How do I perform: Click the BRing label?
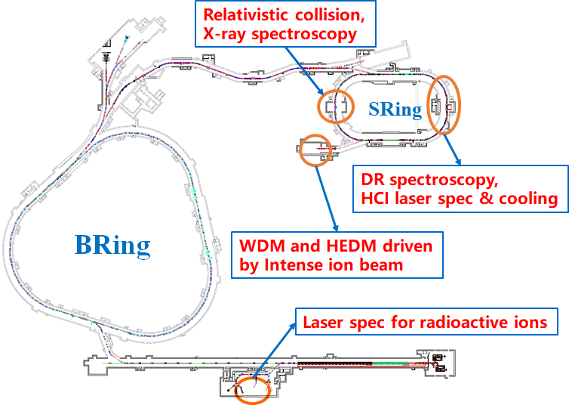click(112, 245)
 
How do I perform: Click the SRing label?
click(395, 110)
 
